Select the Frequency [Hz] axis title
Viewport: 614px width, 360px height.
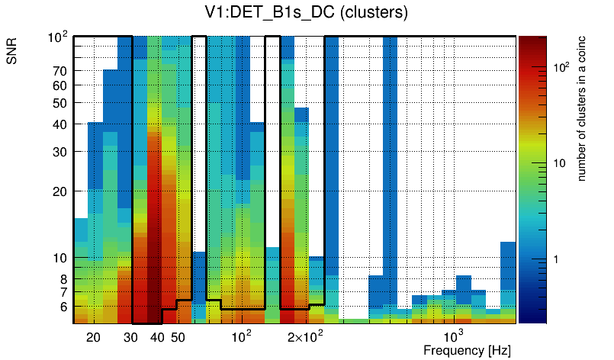(467, 350)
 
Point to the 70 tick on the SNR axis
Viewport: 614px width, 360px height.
(61, 71)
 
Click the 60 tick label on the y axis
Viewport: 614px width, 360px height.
(61, 85)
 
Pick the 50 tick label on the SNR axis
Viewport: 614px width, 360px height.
(61, 103)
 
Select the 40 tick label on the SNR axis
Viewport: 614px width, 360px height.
(61, 124)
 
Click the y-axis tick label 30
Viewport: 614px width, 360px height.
(61, 152)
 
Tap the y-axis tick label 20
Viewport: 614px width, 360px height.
(61, 191)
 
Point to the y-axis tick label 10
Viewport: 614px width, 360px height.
(61, 259)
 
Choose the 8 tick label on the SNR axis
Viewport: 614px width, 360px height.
(64, 279)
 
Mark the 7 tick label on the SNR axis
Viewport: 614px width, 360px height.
(64, 292)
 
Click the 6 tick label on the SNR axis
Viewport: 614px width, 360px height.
(64, 307)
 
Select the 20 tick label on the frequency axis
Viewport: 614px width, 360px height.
(94, 338)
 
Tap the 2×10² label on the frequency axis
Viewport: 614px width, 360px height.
(304, 336)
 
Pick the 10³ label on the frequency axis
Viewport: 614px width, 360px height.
(454, 336)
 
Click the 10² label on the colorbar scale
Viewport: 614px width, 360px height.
(562, 68)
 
